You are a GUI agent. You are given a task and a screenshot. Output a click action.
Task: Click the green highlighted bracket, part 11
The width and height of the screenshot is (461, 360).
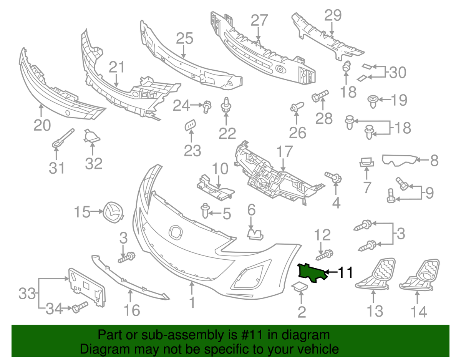(312, 273)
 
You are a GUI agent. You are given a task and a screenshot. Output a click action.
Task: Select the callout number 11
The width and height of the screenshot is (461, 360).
(345, 272)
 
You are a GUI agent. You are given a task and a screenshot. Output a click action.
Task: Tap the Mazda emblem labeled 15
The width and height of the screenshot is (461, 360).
(113, 212)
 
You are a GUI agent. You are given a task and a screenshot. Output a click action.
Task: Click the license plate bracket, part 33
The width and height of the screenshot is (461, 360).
(87, 287)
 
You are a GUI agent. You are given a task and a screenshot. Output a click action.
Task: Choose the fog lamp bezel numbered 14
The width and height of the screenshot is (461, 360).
(419, 274)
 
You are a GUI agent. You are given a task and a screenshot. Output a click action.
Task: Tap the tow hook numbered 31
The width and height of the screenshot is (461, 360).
(63, 138)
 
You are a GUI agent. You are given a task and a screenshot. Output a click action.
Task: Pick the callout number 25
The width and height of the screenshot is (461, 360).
(184, 38)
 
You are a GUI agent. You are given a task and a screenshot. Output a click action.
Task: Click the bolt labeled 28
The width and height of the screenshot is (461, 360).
(320, 96)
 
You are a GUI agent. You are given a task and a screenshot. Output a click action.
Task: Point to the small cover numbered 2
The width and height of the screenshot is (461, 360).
(300, 286)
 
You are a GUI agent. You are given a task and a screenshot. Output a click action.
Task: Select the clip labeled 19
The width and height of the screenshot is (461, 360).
(373, 101)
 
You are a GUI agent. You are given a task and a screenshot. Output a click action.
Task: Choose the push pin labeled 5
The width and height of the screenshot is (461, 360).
(205, 211)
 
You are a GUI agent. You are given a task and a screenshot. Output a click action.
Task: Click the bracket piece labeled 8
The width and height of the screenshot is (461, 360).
(400, 161)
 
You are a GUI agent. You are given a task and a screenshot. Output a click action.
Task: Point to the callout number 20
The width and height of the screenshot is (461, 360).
(42, 125)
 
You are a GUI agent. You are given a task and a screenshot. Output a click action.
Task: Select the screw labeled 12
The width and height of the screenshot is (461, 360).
(324, 255)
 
